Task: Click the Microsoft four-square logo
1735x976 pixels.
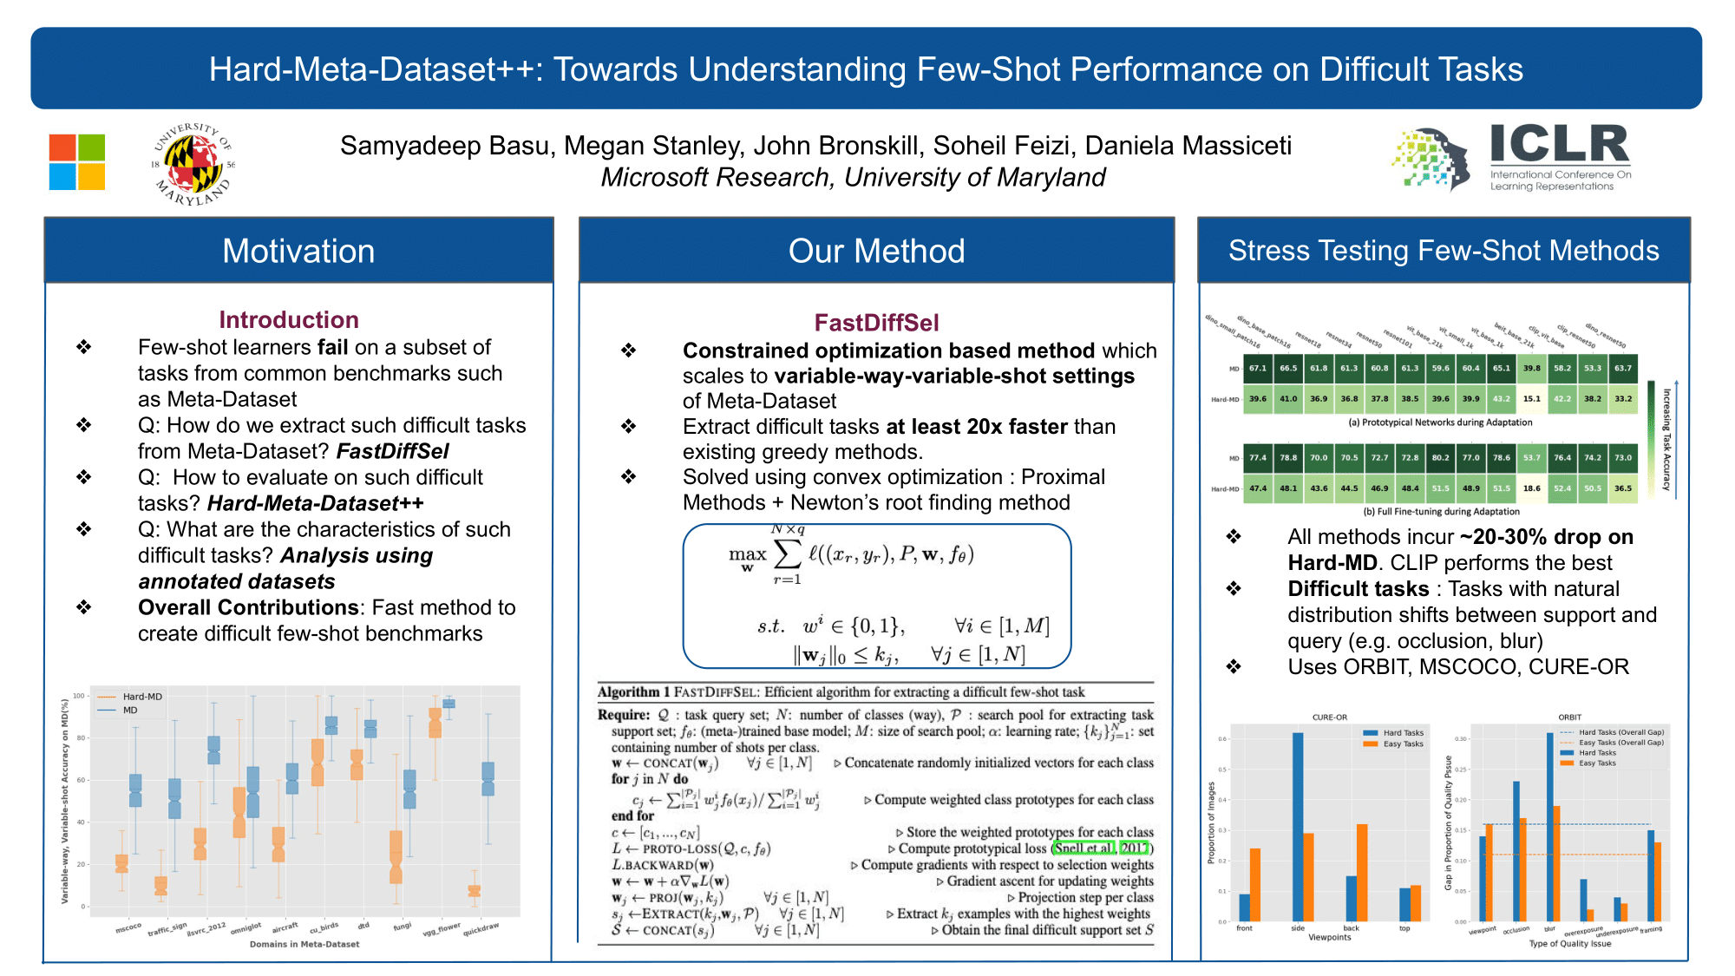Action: click(x=77, y=161)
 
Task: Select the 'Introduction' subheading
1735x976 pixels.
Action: click(x=289, y=320)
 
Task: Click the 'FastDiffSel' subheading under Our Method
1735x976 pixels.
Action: click(x=876, y=323)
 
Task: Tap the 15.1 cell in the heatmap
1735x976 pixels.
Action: click(x=1532, y=399)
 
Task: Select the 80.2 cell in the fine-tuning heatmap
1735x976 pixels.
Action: click(x=1441, y=457)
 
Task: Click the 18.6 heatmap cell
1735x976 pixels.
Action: click(x=1532, y=488)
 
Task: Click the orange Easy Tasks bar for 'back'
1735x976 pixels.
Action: click(x=1362, y=872)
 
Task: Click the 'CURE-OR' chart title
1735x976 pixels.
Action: click(x=1330, y=717)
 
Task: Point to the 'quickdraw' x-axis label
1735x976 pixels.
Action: click(x=481, y=929)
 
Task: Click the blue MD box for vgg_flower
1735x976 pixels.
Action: click(x=448, y=704)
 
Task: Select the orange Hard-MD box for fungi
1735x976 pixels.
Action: click(x=396, y=857)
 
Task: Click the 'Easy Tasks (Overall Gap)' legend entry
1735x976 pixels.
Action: click(x=1620, y=743)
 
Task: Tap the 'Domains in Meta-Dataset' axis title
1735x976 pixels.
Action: click(x=304, y=944)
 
